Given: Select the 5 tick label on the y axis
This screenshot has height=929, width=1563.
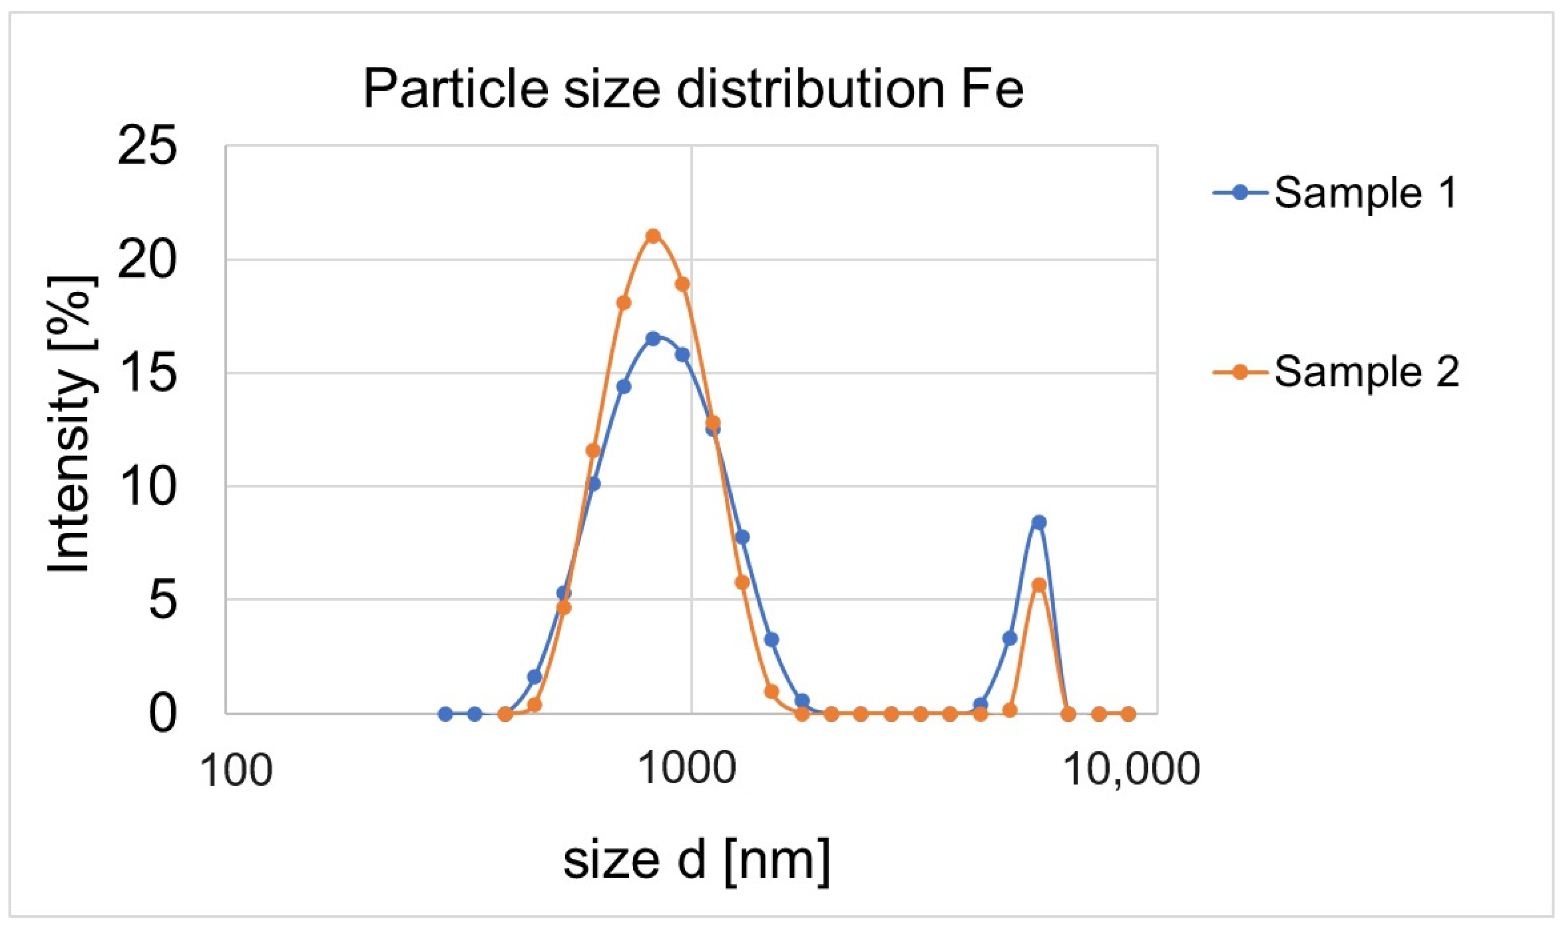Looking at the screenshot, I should [x=161, y=601].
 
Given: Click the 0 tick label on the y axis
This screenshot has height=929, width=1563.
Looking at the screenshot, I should [x=161, y=714].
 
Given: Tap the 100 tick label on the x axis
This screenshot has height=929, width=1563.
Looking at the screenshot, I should [x=236, y=770].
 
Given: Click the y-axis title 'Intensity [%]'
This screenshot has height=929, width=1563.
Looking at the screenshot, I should [x=70, y=424].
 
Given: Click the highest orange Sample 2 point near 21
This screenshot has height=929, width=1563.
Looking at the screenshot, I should [x=653, y=236].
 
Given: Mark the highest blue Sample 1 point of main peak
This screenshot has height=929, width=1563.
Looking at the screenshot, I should [x=653, y=339].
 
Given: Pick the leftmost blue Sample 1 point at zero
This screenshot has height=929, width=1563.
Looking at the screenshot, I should [x=445, y=713].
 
